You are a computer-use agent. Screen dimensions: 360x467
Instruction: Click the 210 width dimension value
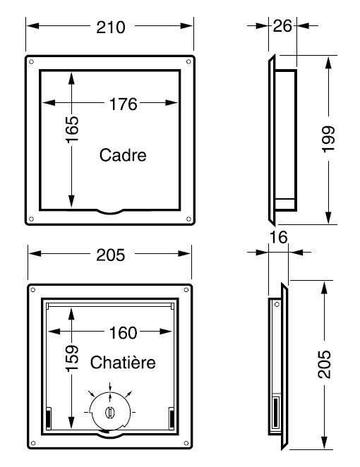click(111, 28)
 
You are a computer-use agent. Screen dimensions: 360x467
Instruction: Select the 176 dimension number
click(123, 104)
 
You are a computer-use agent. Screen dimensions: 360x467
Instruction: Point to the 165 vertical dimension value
click(73, 129)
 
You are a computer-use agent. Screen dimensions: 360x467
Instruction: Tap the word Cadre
click(123, 155)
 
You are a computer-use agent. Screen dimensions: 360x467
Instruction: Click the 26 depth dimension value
click(282, 26)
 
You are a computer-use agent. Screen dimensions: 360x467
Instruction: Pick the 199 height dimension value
click(329, 139)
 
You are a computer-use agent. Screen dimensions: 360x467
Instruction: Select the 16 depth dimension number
click(279, 237)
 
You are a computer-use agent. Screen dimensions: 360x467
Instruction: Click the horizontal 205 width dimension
click(111, 255)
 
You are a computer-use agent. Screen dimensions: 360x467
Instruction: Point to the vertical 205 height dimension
click(324, 365)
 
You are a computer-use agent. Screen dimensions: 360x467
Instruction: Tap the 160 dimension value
click(123, 333)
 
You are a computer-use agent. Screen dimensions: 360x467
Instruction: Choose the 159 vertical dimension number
click(73, 358)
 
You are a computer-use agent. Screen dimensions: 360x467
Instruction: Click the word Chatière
click(123, 363)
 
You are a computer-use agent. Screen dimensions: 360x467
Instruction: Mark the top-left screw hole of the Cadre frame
click(31, 62)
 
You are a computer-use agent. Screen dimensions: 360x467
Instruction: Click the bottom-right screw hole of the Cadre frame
click(188, 219)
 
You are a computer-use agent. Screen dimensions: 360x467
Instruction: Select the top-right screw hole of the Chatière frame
click(186, 290)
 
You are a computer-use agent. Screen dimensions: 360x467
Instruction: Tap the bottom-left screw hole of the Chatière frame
click(33, 443)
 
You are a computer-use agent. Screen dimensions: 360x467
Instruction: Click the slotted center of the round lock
click(109, 412)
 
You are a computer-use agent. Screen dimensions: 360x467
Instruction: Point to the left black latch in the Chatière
click(48, 418)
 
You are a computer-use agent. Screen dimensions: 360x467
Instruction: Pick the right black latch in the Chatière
click(172, 418)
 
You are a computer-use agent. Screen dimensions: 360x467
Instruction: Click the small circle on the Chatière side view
click(277, 304)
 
